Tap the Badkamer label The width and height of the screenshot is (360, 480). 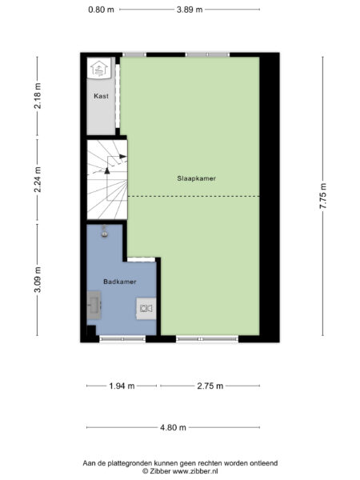[x=119, y=282]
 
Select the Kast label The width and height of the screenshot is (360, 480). [x=101, y=96]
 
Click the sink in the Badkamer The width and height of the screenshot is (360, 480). [x=95, y=305]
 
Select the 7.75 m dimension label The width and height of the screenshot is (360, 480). [x=323, y=195]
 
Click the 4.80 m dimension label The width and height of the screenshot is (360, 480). [x=173, y=427]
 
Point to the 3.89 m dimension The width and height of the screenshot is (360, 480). [x=189, y=10]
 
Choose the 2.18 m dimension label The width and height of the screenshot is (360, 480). [x=38, y=94]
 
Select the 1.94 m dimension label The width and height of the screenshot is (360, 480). [x=121, y=386]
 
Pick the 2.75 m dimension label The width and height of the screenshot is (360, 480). [x=211, y=386]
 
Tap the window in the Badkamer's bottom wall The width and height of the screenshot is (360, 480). [x=122, y=339]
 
